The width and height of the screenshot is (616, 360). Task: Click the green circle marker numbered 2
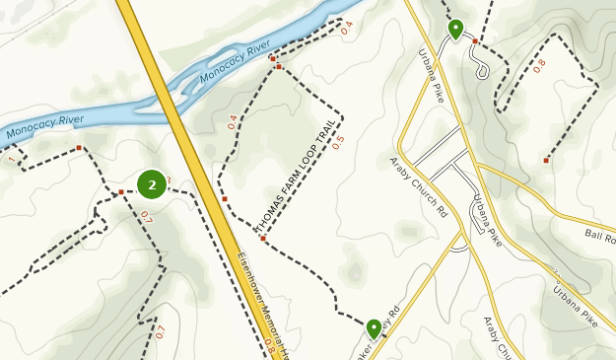click(x=152, y=183)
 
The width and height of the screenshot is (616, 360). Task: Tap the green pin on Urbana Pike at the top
click(x=455, y=30)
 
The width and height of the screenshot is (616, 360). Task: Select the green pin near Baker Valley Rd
click(x=374, y=328)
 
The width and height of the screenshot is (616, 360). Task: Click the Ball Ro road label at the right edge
click(x=598, y=238)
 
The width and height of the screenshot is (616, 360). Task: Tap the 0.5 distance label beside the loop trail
click(x=339, y=141)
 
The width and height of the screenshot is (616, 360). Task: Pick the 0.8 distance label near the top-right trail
click(x=539, y=65)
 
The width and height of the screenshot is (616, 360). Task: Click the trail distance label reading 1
click(x=12, y=159)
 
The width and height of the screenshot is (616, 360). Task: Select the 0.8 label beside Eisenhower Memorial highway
click(x=268, y=346)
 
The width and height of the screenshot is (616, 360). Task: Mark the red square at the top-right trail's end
click(x=546, y=160)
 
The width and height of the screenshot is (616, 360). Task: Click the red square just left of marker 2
click(x=121, y=191)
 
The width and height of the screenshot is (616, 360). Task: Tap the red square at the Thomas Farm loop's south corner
click(x=263, y=239)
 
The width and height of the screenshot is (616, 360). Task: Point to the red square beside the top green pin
click(x=475, y=41)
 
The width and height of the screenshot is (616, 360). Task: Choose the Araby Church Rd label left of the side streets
click(x=418, y=184)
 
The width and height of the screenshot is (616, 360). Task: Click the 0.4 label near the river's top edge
click(x=346, y=29)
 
